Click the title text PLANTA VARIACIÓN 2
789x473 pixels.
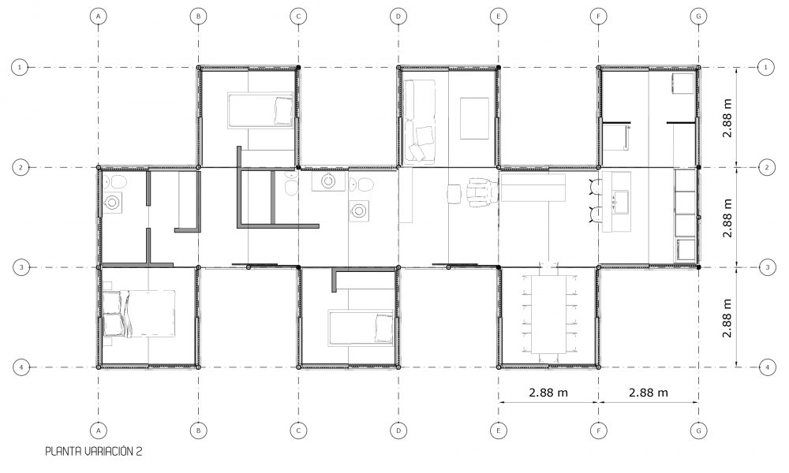94,452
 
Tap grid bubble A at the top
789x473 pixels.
98,16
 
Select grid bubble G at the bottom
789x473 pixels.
698,430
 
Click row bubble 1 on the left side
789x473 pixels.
20,67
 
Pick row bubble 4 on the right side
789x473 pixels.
767,367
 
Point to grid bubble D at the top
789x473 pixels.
398,16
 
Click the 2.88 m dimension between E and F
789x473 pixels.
548,392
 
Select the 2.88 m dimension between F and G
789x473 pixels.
648,392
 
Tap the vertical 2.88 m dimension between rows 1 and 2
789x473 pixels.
727,117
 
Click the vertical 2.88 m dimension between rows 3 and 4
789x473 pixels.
727,318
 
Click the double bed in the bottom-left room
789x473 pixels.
139,313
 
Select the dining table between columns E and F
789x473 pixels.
548,314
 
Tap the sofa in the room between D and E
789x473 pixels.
419,121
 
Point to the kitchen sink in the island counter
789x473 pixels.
619,202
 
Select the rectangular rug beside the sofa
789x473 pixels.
474,118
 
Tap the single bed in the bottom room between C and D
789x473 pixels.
361,328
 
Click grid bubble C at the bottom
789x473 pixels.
298,430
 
